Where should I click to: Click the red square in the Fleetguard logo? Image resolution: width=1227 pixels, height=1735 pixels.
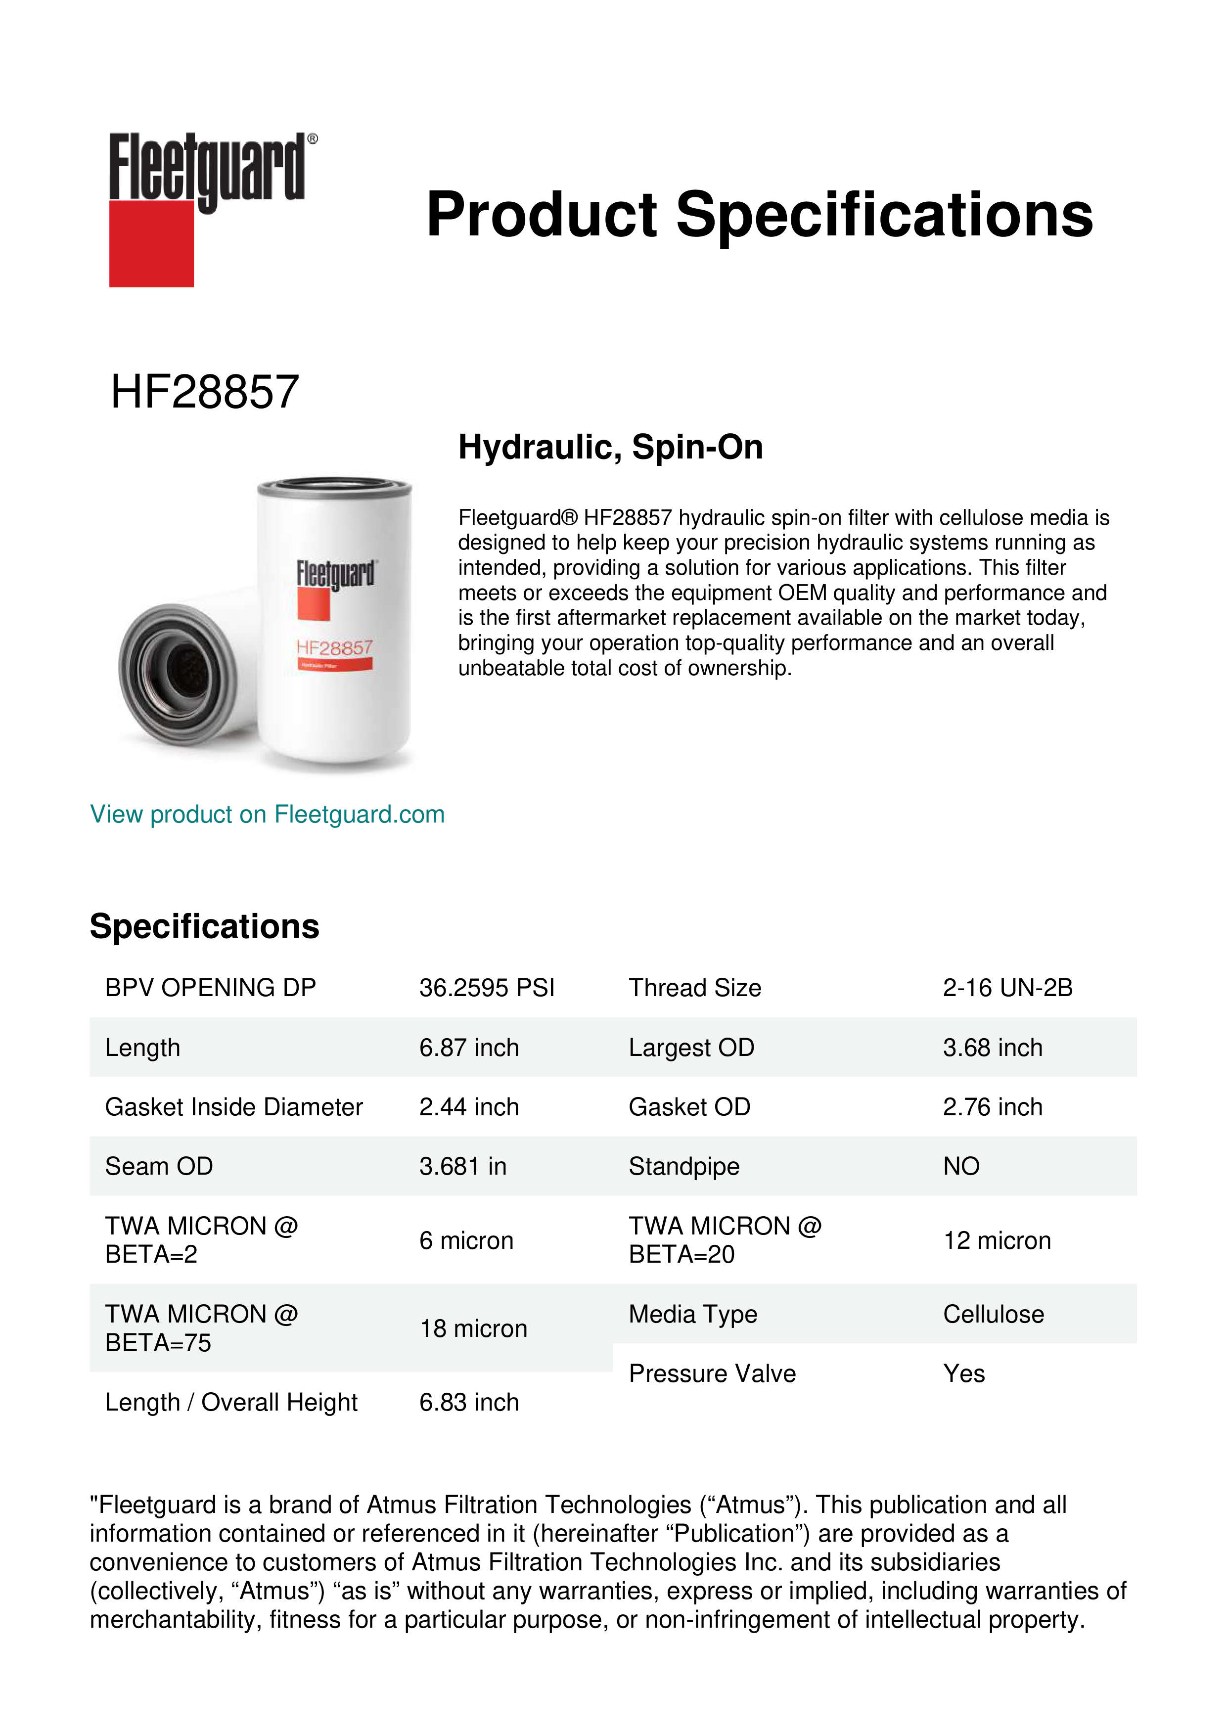click(x=151, y=243)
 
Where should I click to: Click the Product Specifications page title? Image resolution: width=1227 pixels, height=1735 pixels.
click(x=759, y=215)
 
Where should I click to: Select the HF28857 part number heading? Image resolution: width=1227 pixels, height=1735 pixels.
click(x=205, y=392)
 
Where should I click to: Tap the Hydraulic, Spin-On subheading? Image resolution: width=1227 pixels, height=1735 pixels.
click(x=610, y=447)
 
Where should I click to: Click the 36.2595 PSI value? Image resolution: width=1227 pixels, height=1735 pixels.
click(x=487, y=988)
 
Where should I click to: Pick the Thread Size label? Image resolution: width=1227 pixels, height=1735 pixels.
click(x=694, y=988)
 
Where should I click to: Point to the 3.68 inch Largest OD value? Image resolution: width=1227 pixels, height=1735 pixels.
click(x=992, y=1048)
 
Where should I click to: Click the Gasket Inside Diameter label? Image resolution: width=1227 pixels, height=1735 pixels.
click(x=233, y=1107)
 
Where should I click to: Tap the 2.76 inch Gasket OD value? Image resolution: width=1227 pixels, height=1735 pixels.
click(x=992, y=1107)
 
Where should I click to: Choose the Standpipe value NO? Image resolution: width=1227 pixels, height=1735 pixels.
click(x=961, y=1167)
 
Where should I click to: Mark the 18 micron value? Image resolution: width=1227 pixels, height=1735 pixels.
click(x=473, y=1328)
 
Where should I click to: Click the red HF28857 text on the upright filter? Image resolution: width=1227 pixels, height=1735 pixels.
click(x=334, y=647)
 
